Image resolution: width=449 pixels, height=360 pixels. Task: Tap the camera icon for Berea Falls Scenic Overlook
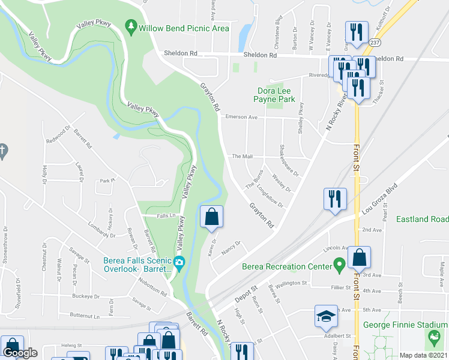(x=179, y=263)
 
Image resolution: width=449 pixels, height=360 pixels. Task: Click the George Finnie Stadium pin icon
(x=432, y=340)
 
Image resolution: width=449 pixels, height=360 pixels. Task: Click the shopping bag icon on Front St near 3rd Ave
(x=358, y=257)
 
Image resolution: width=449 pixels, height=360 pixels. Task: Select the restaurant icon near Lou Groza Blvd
(x=335, y=199)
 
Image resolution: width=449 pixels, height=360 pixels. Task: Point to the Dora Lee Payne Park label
(x=274, y=94)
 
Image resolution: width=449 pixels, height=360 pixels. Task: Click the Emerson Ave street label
(x=241, y=118)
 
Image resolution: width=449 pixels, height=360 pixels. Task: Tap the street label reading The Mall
(x=243, y=157)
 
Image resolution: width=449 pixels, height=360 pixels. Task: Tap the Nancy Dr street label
(x=231, y=248)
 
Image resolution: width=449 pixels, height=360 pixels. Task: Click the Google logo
(x=20, y=353)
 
